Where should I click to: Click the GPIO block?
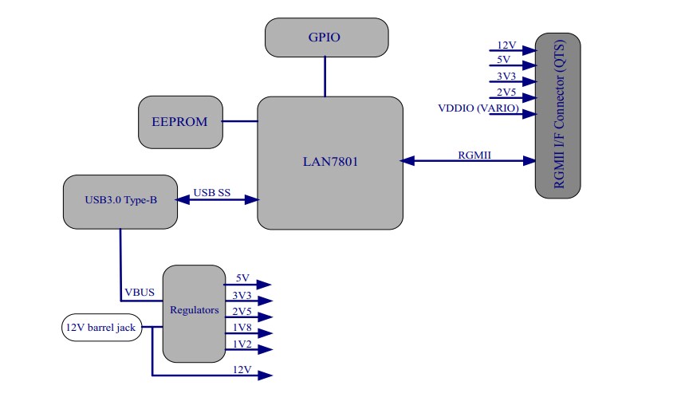326,37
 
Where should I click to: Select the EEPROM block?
180,122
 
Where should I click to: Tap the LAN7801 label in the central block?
330,162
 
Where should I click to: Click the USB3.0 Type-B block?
120,200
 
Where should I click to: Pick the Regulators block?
194,310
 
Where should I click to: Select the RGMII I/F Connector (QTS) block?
557,115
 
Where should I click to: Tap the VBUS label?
140,293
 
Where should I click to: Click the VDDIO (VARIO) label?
478,108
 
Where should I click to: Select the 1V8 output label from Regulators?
242,328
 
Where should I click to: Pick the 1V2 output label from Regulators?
242,344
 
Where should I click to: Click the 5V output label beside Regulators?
242,278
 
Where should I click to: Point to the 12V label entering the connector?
507,45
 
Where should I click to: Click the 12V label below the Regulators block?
242,370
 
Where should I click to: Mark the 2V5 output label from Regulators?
242,311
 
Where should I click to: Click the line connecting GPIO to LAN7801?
325,77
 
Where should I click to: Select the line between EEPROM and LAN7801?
240,122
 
